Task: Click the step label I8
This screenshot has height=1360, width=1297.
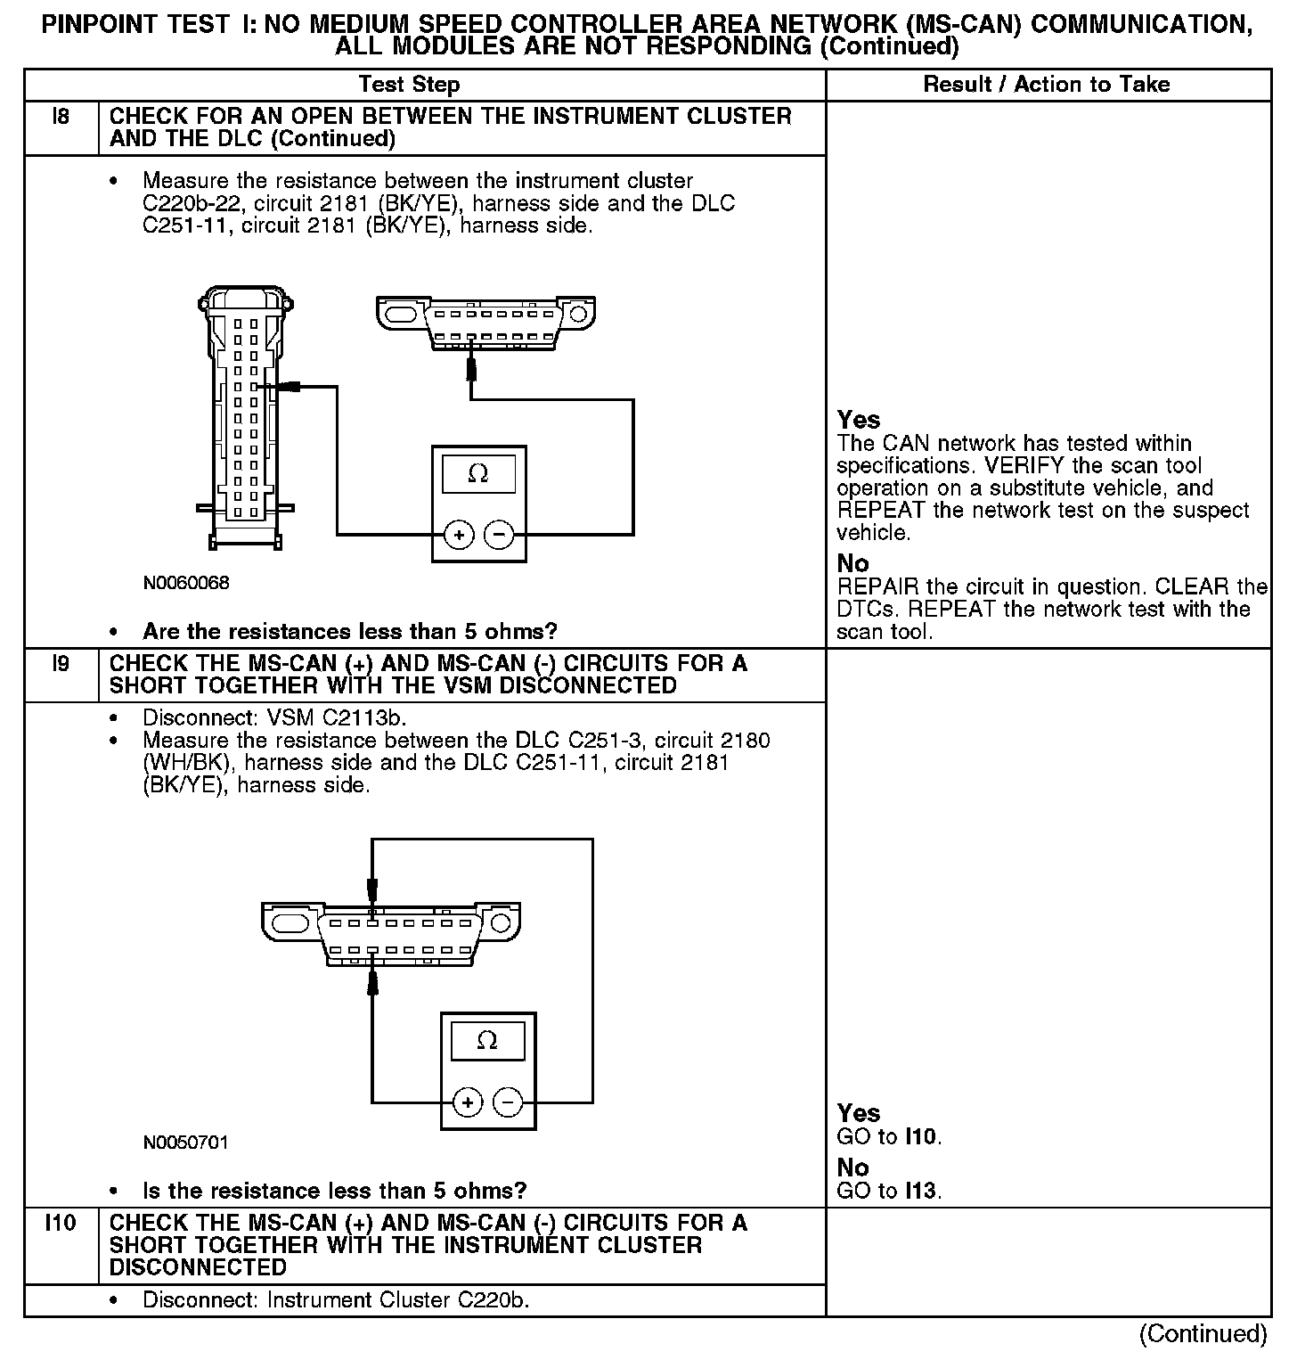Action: [61, 117]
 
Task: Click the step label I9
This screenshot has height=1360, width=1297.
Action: [61, 664]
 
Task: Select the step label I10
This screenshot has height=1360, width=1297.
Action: [61, 1223]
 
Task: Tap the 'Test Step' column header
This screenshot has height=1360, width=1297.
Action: [409, 85]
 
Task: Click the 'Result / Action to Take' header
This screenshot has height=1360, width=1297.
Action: [1047, 85]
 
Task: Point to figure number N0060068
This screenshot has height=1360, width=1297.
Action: [186, 583]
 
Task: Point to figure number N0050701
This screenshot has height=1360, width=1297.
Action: [186, 1142]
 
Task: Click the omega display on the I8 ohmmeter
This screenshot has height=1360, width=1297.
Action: [478, 474]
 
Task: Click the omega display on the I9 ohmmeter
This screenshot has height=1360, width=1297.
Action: [487, 1041]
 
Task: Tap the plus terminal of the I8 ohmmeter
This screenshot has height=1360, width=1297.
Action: [459, 535]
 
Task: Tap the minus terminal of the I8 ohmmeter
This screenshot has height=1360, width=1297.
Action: [499, 535]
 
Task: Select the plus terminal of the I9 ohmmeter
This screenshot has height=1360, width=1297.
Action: [468, 1102]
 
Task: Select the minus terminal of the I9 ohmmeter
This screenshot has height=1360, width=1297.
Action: [508, 1102]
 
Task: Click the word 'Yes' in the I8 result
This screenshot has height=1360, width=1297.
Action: [859, 420]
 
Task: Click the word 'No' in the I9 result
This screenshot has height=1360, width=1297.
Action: [852, 1167]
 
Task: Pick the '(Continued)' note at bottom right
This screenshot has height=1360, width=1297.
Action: [1203, 1333]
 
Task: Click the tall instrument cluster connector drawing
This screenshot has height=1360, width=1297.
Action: [243, 414]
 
